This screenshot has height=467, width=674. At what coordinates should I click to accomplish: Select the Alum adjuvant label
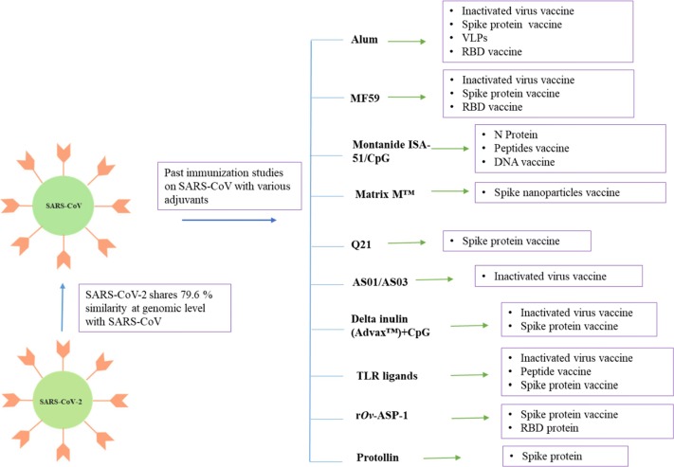click(365, 41)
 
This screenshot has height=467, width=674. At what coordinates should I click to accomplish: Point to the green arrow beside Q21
click(408, 243)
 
